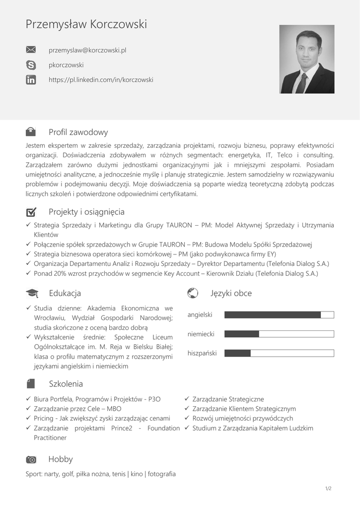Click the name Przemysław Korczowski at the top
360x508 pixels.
(86, 24)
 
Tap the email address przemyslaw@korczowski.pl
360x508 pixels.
(87, 50)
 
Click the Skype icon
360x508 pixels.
(31, 65)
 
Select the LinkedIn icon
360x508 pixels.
(31, 79)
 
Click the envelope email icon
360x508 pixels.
(31, 50)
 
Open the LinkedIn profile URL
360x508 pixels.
(101, 79)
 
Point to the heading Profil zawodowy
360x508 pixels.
(78, 132)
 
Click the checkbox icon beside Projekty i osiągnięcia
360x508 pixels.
(31, 212)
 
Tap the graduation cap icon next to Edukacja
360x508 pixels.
(31, 293)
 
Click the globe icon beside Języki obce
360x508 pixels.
(193, 293)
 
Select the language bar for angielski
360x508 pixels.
(279, 315)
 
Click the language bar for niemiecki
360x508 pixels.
(279, 334)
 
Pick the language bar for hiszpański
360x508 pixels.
(279, 353)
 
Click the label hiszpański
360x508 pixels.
(202, 353)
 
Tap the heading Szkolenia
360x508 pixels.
(66, 384)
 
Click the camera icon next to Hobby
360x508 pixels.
(31, 460)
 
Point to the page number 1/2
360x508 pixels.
(328, 489)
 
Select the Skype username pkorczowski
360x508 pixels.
(66, 65)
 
